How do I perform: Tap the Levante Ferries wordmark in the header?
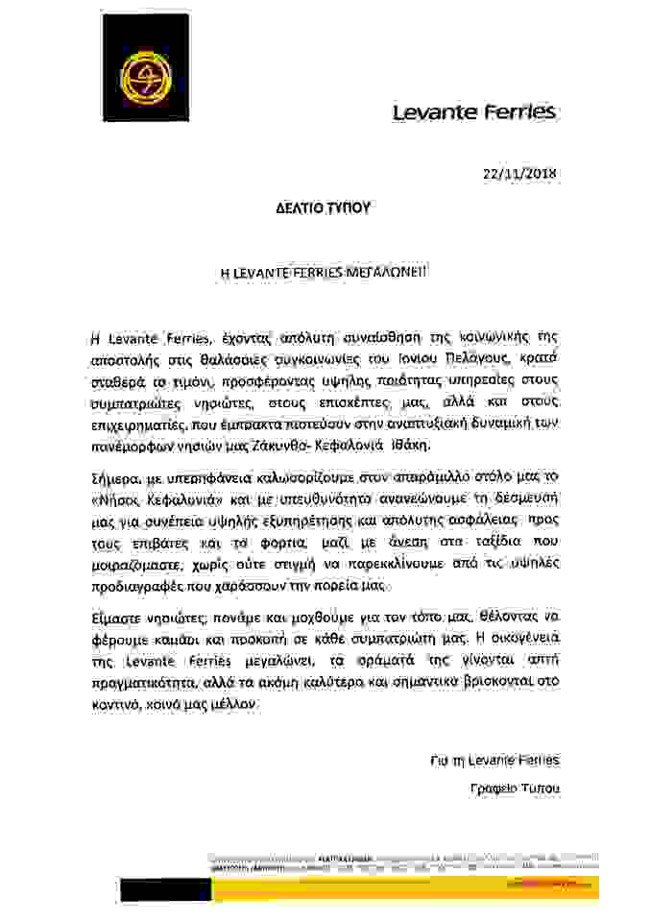pos(474,112)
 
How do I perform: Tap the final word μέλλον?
pos(239,705)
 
